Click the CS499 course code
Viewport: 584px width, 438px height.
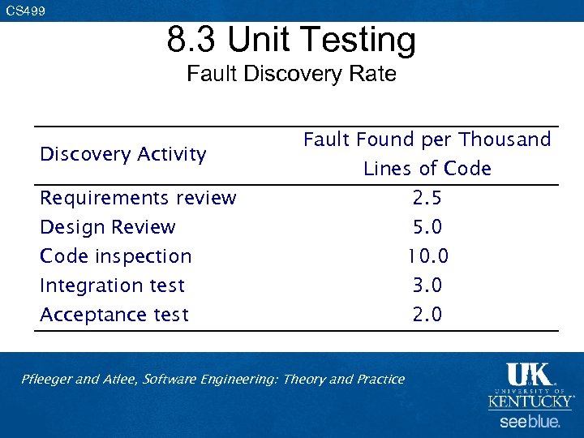26,11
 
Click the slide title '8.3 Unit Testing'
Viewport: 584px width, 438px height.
291,39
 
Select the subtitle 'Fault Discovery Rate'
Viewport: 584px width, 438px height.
291,74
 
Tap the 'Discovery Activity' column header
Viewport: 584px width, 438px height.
123,154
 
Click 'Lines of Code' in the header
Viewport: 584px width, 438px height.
427,169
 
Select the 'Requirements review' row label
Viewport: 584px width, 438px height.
138,198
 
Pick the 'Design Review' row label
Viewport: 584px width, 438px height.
108,227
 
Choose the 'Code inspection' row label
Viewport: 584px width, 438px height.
116,256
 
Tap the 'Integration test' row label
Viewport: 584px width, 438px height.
113,286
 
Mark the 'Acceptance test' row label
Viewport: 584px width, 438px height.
114,315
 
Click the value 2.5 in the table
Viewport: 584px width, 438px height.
427,198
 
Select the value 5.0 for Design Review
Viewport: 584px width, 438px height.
427,227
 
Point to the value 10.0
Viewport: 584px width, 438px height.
427,256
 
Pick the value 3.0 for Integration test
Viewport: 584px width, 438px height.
427,286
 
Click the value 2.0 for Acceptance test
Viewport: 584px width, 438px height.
427,315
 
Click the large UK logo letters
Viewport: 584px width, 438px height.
529,375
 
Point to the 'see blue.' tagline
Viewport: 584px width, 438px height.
530,422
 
